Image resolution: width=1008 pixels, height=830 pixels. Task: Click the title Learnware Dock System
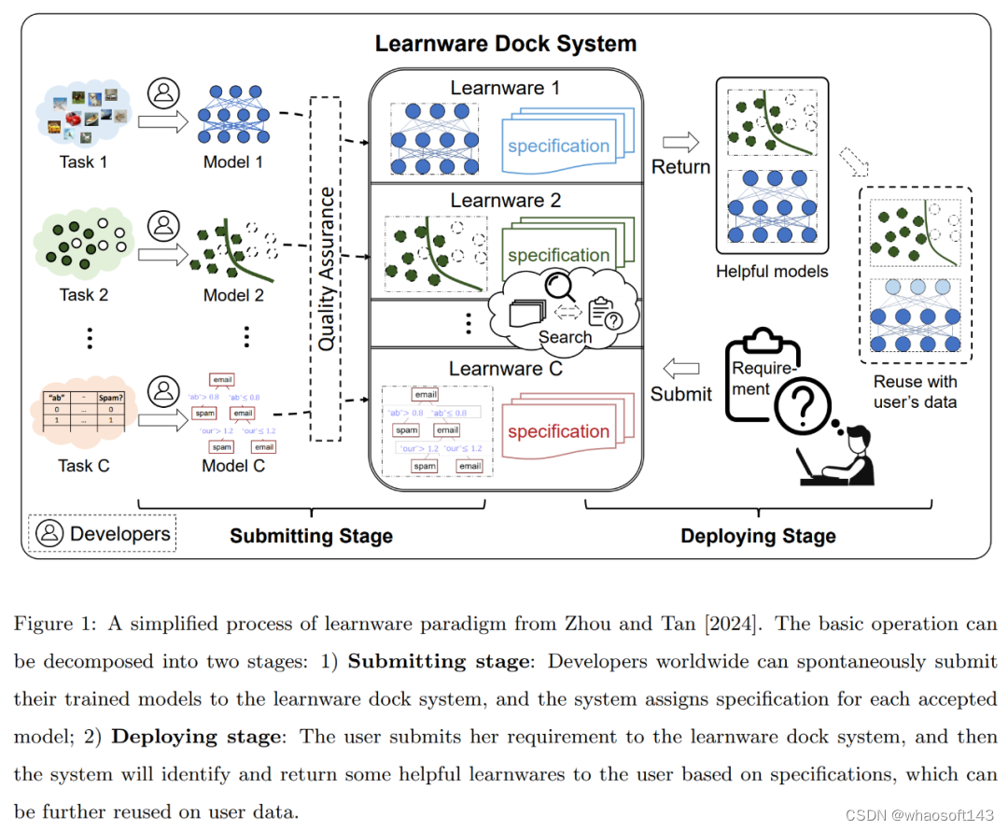click(505, 44)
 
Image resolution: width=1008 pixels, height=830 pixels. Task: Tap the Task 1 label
click(83, 162)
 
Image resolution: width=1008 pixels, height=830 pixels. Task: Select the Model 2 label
click(233, 295)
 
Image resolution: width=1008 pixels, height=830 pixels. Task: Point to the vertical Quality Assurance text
click(326, 269)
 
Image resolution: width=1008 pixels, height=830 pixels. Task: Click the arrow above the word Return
click(680, 142)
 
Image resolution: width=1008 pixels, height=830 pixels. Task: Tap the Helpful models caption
click(772, 272)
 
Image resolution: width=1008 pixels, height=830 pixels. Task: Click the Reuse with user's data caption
click(915, 391)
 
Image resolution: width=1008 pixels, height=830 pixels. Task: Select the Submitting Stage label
click(311, 536)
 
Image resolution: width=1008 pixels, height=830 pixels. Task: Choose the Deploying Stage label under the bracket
click(758, 536)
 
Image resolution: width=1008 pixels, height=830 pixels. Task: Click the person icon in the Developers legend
click(49, 533)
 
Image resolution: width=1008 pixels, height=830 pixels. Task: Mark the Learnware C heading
click(505, 369)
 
